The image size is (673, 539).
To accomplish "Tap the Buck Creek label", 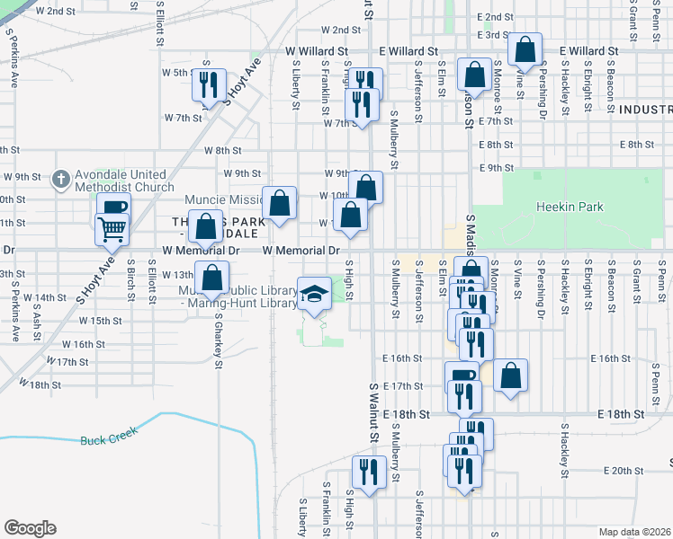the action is pyautogui.click(x=106, y=440).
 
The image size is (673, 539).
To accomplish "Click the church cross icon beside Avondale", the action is pyautogui.click(x=62, y=180).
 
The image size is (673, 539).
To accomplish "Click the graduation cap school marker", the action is pyautogui.click(x=314, y=294).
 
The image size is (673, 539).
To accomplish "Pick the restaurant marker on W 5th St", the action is pyautogui.click(x=209, y=84).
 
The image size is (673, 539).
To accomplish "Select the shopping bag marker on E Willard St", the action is pyautogui.click(x=525, y=49).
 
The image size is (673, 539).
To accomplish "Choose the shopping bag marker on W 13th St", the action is pyautogui.click(x=212, y=278).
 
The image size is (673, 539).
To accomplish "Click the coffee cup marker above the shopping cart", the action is pyautogui.click(x=112, y=208).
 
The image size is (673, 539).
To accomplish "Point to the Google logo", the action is pyautogui.click(x=30, y=528).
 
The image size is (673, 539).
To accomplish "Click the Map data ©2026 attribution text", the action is pyautogui.click(x=634, y=532).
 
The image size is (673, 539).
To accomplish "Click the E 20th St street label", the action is pyautogui.click(x=619, y=471).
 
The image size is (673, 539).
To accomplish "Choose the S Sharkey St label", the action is pyautogui.click(x=219, y=340).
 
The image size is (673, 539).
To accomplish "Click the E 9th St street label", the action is pyautogui.click(x=497, y=168).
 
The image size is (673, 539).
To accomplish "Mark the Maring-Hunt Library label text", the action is pyautogui.click(x=240, y=303).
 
